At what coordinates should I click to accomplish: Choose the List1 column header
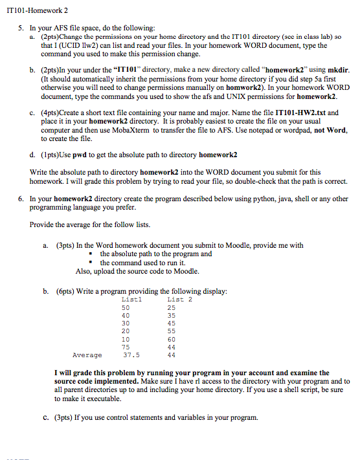131,299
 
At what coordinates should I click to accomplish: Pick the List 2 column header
180,299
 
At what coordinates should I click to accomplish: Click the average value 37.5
131,355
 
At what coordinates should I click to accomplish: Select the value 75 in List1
126,347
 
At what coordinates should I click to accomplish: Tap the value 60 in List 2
171,339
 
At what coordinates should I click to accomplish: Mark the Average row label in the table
87,355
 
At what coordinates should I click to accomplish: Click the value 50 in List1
126,307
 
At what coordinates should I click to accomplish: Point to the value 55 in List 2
171,331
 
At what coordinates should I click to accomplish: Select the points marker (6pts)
65,292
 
